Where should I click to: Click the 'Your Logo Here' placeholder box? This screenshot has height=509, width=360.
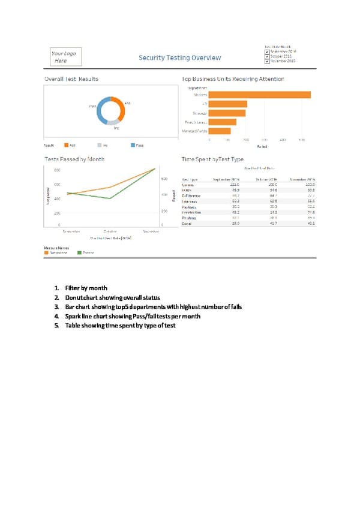point(65,57)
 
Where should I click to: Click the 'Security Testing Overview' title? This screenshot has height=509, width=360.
point(180,58)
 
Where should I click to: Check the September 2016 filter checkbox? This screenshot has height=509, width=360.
point(266,52)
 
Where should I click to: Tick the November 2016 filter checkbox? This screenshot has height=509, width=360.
point(266,61)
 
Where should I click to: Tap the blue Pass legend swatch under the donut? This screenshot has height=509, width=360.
point(132,145)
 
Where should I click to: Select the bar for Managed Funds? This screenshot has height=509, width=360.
point(220,131)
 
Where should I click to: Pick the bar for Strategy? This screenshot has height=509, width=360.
point(228,113)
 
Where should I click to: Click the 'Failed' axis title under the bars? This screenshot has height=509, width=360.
point(262,146)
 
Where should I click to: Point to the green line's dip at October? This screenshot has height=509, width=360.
point(110,198)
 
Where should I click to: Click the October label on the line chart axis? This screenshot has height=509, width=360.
point(110,231)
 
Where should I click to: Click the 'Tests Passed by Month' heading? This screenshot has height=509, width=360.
point(74,159)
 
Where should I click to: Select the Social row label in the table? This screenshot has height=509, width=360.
point(187,223)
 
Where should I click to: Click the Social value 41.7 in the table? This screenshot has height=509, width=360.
point(273,223)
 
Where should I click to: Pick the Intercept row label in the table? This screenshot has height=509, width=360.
point(190,201)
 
